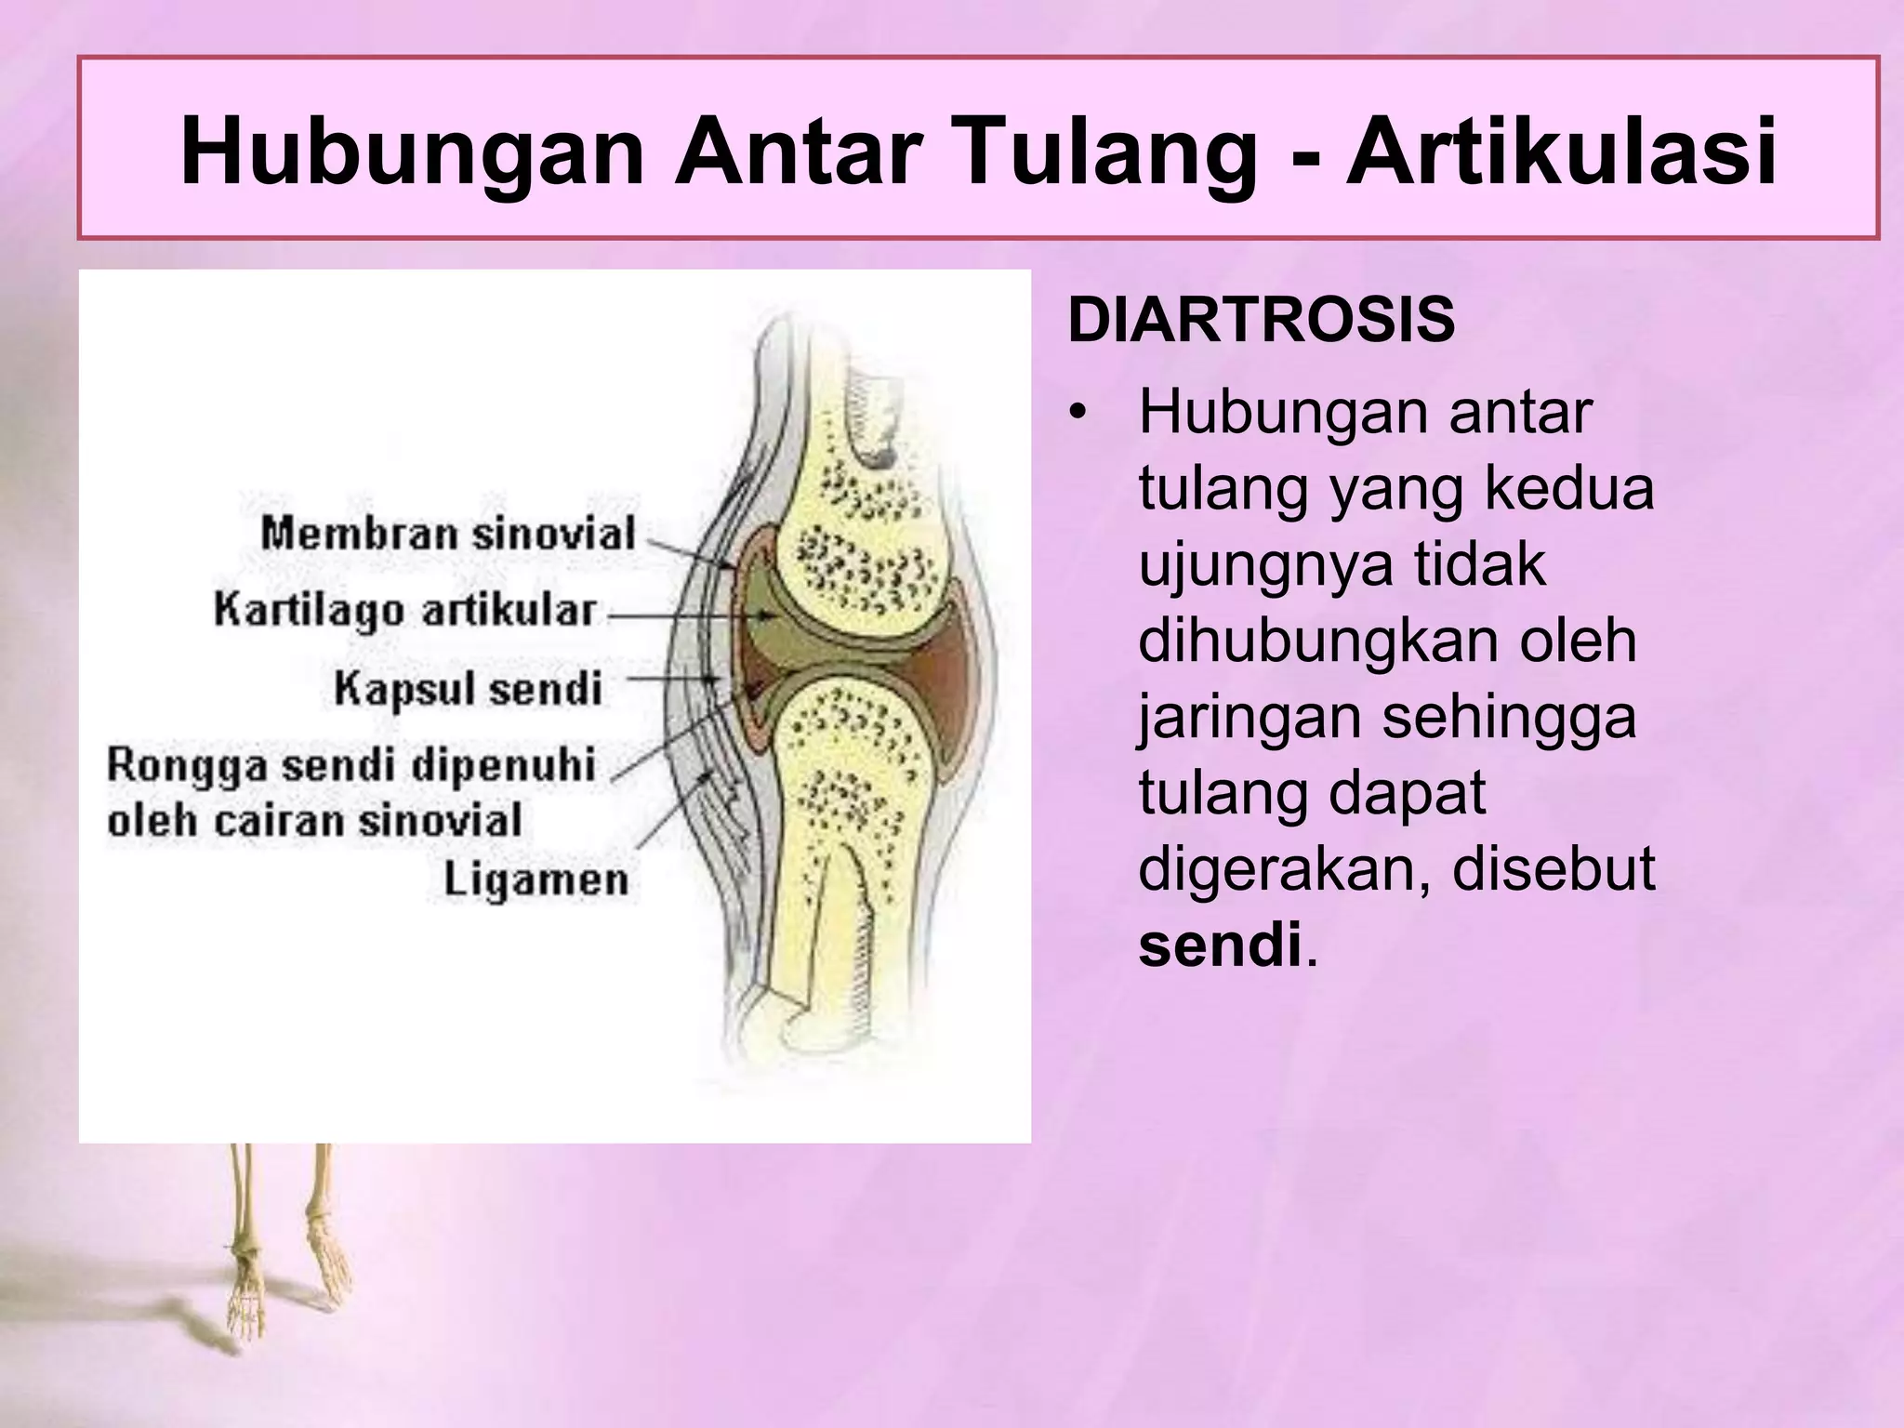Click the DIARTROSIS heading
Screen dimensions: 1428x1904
pos(1261,321)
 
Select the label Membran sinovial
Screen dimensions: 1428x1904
pos(447,534)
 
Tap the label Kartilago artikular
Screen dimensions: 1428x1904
pos(404,611)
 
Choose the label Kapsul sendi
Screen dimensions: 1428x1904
pos(468,689)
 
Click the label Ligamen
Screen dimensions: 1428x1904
pos(535,879)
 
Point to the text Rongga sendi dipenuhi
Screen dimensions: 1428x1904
pos(350,765)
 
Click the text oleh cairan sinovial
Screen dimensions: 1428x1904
pos(314,821)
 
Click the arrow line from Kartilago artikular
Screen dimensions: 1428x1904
pos(688,615)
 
